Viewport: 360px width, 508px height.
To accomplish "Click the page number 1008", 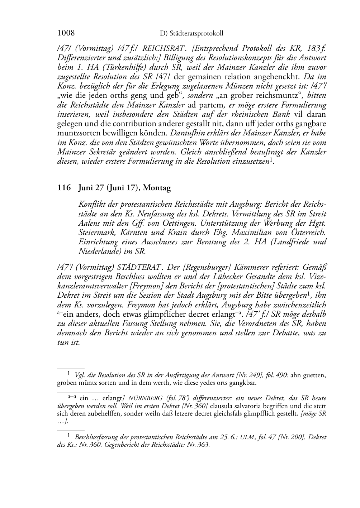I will (66, 33).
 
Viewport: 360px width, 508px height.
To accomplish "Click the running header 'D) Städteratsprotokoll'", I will (191, 34).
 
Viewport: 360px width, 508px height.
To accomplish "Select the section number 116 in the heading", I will (64, 188).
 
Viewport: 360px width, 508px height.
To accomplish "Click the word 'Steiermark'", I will (95, 232).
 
